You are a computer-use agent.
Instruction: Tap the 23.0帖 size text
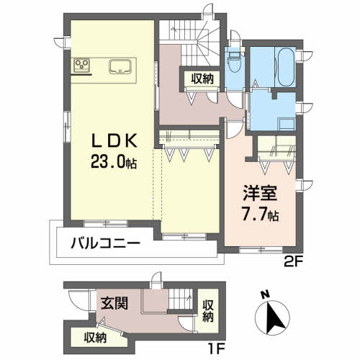coord(112,163)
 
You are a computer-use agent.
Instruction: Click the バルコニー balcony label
coord(105,244)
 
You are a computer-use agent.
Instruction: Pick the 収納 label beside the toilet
coord(202,79)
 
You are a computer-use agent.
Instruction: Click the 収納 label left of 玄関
coord(94,336)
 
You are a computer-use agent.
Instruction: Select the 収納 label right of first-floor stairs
coord(208,311)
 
